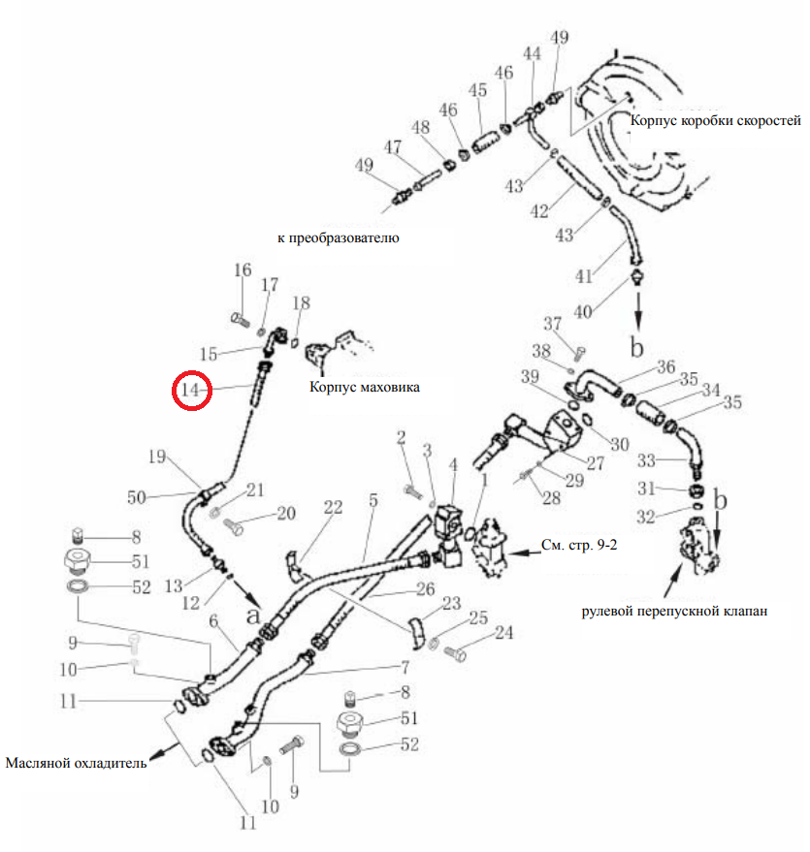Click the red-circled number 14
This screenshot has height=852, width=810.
point(190,390)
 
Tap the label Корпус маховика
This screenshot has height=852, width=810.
point(364,387)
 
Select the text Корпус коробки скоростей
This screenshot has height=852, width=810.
point(715,120)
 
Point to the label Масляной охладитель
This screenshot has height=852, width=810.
point(76,763)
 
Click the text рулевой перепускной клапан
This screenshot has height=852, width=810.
point(674,612)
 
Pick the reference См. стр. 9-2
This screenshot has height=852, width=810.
point(579,545)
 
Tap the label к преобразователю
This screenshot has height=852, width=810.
point(339,237)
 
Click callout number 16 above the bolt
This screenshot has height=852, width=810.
point(243,270)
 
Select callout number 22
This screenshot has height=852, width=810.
point(334,508)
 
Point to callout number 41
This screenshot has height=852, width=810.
point(584,276)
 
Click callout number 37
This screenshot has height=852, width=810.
point(552,324)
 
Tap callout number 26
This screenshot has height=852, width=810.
point(426,589)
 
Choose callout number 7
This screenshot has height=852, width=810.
point(405,667)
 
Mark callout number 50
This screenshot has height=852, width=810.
point(137,497)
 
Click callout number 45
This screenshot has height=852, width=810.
point(478,90)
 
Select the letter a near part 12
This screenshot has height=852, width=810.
point(253,615)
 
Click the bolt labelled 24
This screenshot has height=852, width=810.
point(455,652)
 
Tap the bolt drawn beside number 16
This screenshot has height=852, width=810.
point(240,320)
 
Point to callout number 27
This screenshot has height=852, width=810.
point(596,463)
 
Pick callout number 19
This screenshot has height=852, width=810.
point(156,457)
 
